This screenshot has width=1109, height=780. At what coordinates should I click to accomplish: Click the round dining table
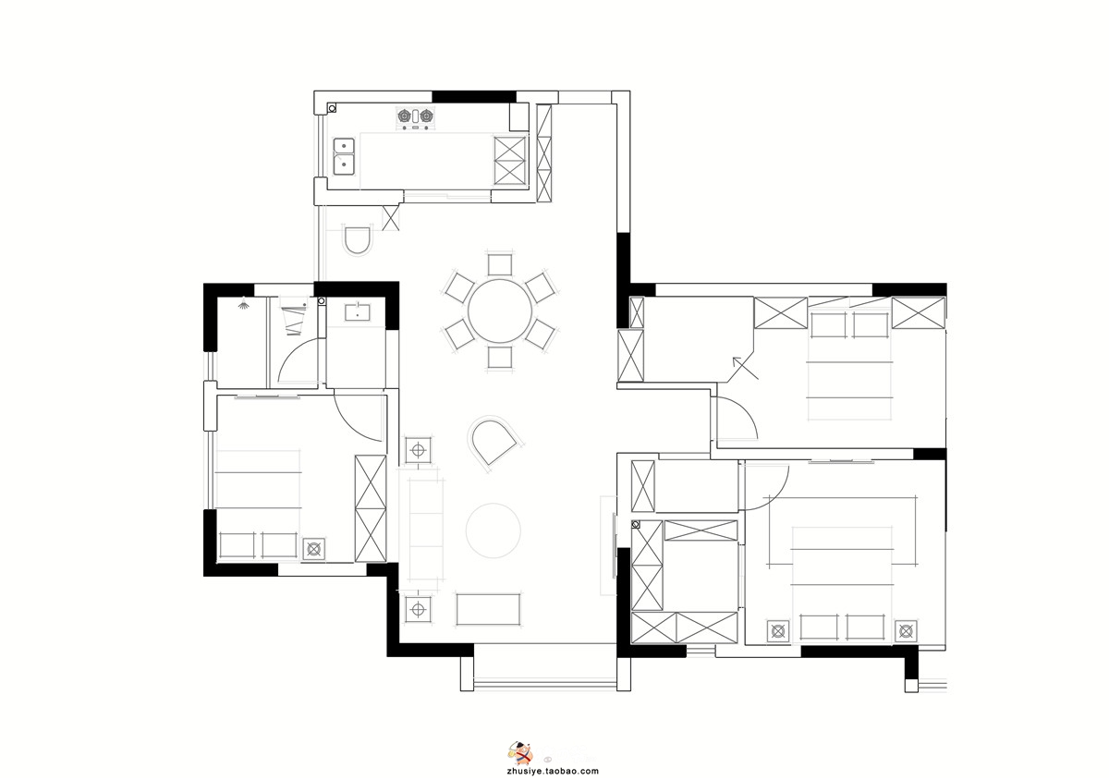coord(500,311)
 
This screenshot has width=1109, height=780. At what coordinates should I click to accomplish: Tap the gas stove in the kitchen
coord(415,118)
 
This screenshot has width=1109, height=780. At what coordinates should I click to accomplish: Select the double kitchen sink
coord(344,156)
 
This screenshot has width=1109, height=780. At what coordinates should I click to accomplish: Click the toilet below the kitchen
coord(358,240)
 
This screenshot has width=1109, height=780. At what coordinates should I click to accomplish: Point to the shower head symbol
coord(242,303)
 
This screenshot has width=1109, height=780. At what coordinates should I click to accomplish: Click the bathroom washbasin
coord(357,312)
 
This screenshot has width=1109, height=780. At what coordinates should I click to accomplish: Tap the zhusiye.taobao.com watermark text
coord(553,771)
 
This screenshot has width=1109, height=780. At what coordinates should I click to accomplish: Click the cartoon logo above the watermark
coord(519,753)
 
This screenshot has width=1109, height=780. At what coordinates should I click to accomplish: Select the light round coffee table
coord(494,530)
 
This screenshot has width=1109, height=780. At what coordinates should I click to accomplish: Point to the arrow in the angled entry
coord(745,368)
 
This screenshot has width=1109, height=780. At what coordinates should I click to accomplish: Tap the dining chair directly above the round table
coord(500,264)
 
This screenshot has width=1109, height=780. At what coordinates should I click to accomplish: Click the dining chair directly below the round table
coord(500,358)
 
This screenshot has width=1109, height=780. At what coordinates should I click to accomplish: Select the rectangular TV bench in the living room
coord(488,609)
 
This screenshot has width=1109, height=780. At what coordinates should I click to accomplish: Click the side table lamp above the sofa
coord(419,450)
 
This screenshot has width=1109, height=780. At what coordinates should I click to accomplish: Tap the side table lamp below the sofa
coord(419,610)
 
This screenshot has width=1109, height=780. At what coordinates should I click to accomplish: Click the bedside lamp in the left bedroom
coord(314,549)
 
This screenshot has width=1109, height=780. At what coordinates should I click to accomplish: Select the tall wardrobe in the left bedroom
coord(371,508)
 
